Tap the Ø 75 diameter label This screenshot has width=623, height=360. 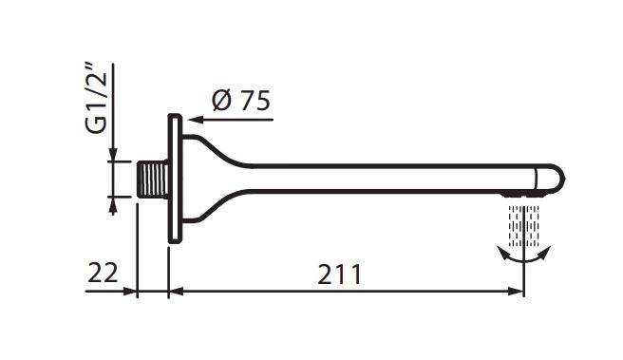(x=241, y=100)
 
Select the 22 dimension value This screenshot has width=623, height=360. (x=103, y=273)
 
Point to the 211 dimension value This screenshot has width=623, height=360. (x=340, y=275)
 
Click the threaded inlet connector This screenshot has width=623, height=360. (x=153, y=180)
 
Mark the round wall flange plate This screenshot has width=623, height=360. (x=175, y=179)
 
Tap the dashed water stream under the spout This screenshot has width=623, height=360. (x=524, y=226)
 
